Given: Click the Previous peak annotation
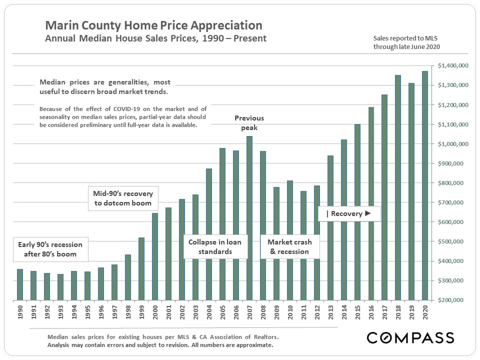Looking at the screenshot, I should point(249,123).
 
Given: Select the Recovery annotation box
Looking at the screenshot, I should point(349,214).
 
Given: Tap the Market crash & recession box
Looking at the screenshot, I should point(289,247).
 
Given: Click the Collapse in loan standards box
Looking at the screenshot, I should point(215,247).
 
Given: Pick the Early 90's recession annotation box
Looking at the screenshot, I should point(50,249).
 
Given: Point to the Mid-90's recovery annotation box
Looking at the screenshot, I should point(123,198).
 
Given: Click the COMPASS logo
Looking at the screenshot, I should point(410,337).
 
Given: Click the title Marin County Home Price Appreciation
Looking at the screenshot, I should point(153,25).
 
